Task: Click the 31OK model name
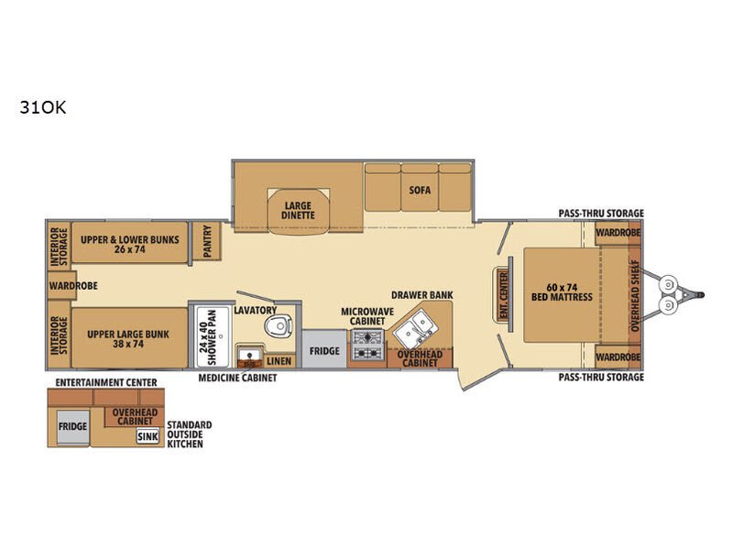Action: tap(42, 107)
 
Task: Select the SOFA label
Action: tap(420, 190)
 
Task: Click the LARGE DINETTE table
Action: tap(299, 211)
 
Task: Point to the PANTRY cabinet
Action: tap(207, 241)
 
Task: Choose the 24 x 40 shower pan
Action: tap(213, 336)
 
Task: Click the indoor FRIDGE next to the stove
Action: tap(324, 349)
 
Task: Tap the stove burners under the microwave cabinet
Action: tap(368, 345)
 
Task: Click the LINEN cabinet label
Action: tap(279, 361)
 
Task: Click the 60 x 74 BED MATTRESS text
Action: tap(562, 292)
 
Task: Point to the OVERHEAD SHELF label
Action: tap(634, 295)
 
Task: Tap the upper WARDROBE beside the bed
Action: tap(618, 233)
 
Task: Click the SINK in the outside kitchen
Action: tap(148, 436)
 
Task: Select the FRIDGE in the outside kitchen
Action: tap(72, 426)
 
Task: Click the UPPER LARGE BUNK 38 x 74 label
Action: tap(128, 339)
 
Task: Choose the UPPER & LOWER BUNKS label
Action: tap(129, 244)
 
